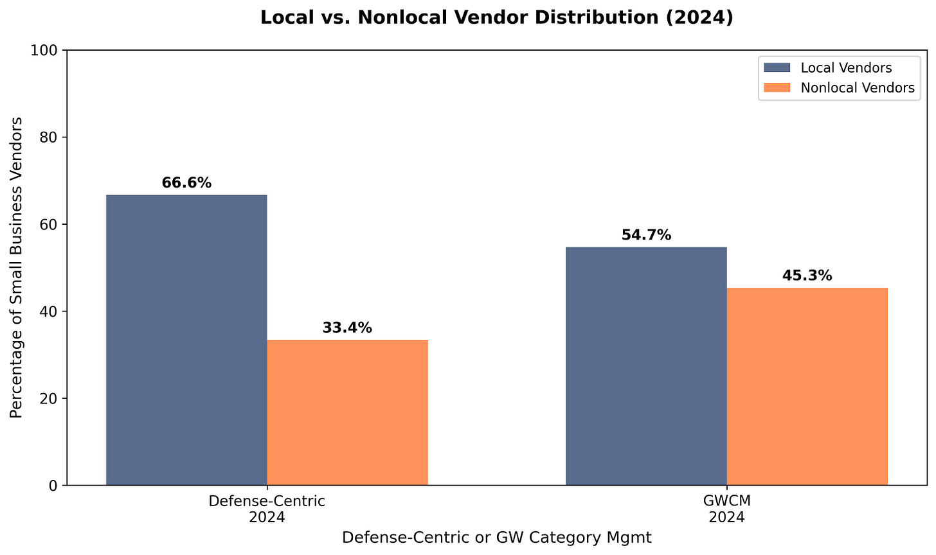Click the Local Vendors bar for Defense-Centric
(186, 340)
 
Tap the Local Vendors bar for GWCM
(646, 366)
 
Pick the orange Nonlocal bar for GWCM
(807, 386)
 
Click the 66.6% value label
(186, 183)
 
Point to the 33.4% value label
(347, 328)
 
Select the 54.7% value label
(646, 235)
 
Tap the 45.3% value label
(807, 276)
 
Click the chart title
(496, 17)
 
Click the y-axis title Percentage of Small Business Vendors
(17, 267)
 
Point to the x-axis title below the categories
(496, 538)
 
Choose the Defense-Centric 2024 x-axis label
(267, 509)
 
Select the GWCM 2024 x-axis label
(726, 509)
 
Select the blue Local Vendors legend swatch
(777, 67)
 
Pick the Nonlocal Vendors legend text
(858, 88)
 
